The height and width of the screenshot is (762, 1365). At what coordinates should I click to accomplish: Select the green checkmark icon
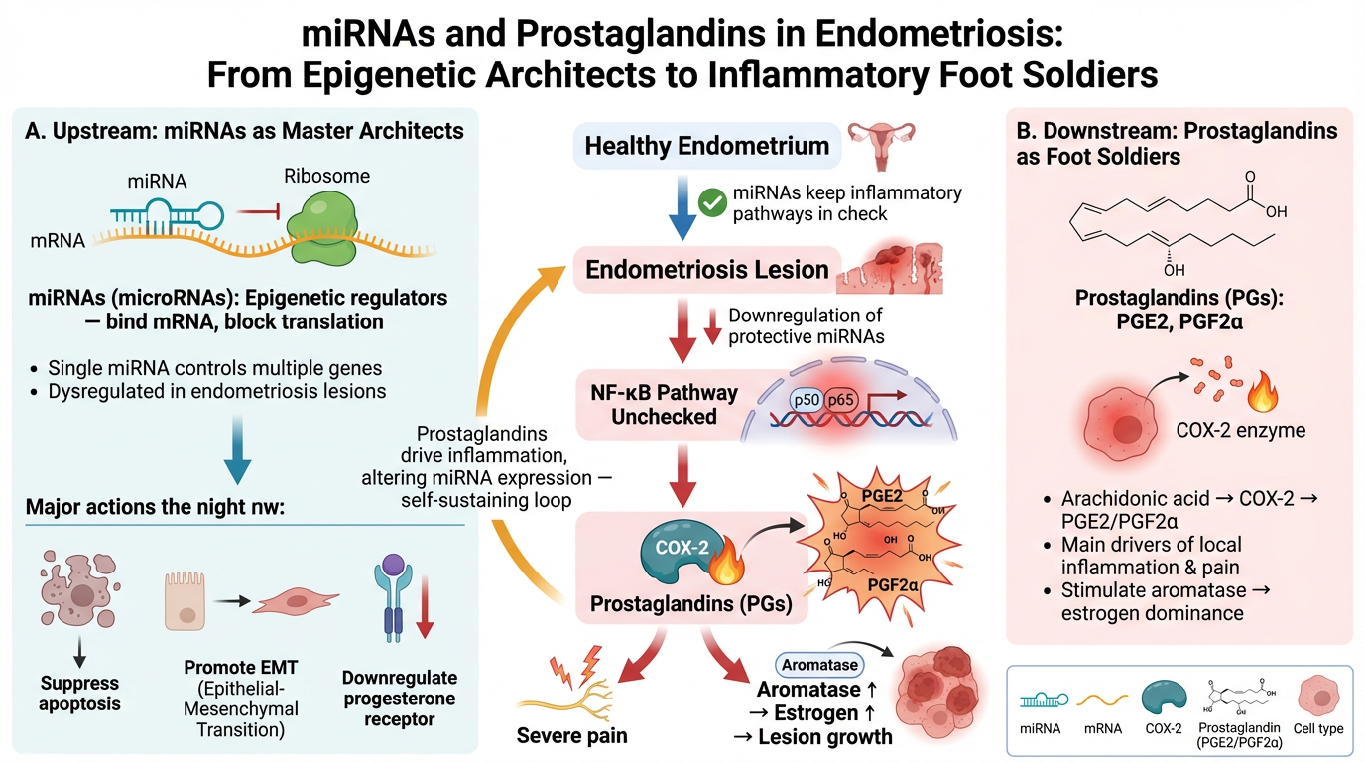coord(711,202)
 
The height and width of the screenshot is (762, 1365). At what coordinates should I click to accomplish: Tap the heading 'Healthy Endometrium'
coord(706,146)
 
